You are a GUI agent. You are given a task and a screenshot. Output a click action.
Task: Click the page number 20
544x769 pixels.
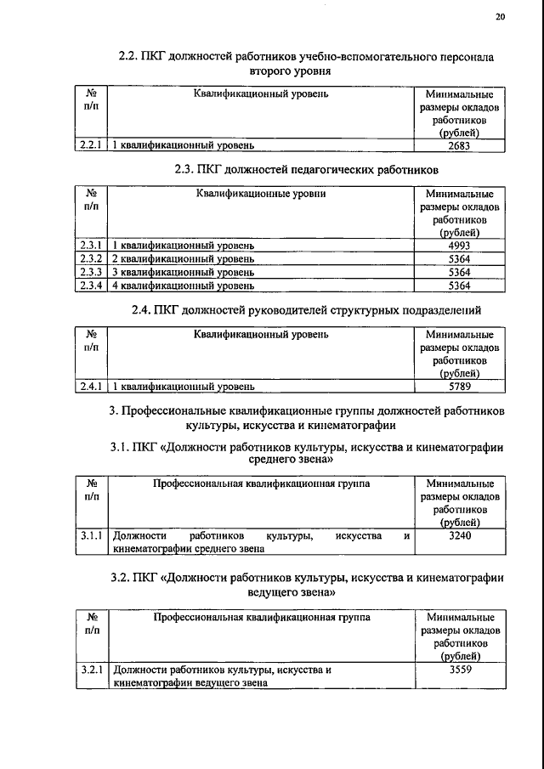499,15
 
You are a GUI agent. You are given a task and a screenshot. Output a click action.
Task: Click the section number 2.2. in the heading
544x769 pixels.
128,57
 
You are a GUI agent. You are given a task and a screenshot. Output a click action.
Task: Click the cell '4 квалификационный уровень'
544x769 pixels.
184,286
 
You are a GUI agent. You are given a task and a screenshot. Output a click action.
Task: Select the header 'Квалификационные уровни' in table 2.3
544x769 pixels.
260,194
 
